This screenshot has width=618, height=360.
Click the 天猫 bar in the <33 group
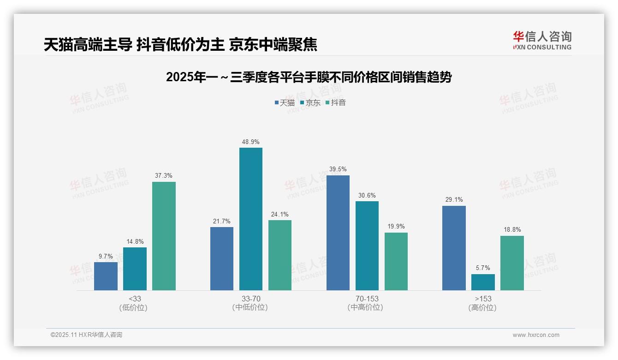pos(106,276)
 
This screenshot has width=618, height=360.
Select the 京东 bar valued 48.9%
pos(250,219)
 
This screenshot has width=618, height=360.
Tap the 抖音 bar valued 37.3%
pos(164,236)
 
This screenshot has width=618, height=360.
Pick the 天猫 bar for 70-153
pos(338,233)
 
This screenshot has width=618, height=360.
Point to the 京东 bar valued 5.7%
pos(483,282)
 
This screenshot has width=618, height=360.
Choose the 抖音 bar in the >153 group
pos(512,263)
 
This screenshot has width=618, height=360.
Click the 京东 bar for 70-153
pos(367,246)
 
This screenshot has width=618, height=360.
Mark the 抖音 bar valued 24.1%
pos(280,255)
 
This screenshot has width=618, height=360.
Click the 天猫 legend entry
pos(285,102)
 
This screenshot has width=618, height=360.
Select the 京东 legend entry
pos(310,102)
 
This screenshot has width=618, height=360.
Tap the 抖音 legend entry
pos(335,102)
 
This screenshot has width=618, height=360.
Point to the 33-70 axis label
pos(250,299)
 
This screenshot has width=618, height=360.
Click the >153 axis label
pos(483,299)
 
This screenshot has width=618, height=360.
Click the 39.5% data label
pos(338,169)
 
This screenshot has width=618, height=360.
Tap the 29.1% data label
pos(454,200)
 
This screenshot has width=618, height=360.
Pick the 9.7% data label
pos(106,256)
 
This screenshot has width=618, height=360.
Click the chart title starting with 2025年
pos(309,77)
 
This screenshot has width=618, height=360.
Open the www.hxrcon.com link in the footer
pos(536,335)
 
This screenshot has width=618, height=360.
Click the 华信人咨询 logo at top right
pos(542,40)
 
